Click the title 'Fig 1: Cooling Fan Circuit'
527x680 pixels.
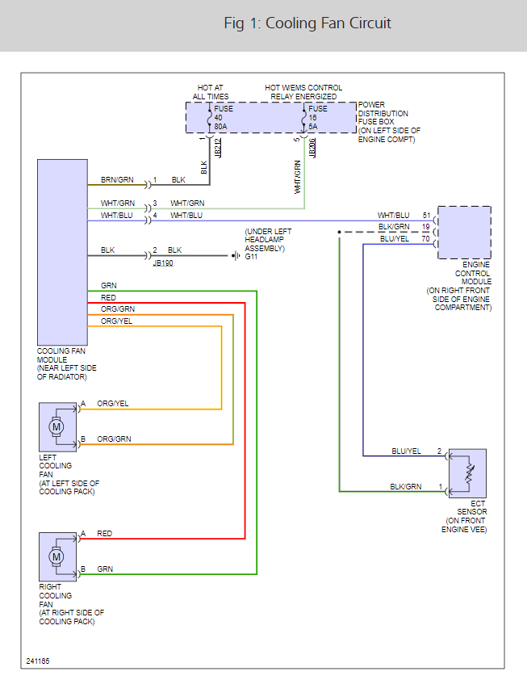click(307, 23)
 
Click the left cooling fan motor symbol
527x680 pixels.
click(56, 426)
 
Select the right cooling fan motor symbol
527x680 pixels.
click(56, 556)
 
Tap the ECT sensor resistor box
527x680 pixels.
click(467, 472)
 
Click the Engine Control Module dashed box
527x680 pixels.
click(464, 232)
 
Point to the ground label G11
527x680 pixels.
click(252, 257)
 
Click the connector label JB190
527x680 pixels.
click(162, 263)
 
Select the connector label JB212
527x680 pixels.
click(217, 147)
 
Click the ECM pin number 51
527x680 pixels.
click(426, 216)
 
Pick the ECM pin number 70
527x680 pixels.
click(426, 239)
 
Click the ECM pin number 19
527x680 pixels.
click(426, 228)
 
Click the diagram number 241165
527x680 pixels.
click(37, 661)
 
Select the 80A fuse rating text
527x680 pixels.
click(220, 126)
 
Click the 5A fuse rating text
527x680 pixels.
click(313, 126)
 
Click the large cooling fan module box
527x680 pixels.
click(62, 252)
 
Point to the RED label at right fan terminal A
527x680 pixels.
click(105, 534)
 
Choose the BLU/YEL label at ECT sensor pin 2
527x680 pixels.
click(406, 451)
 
